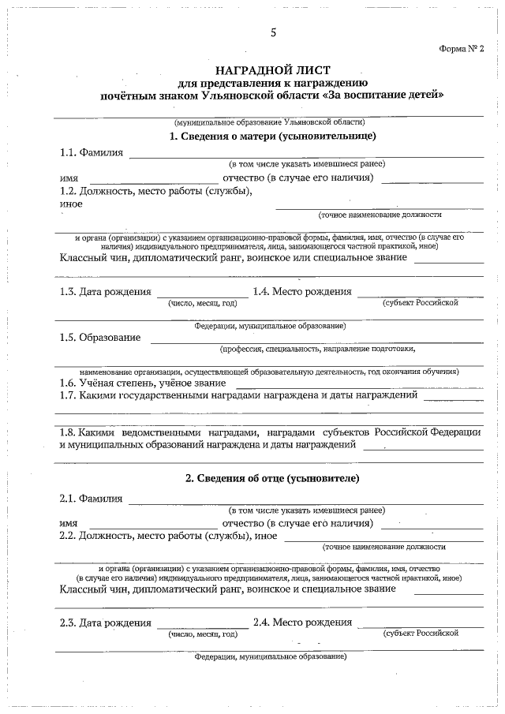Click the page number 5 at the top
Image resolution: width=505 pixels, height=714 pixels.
[x=273, y=32]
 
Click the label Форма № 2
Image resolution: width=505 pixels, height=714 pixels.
[x=461, y=49]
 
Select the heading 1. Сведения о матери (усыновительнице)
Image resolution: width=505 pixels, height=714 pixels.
[x=272, y=136]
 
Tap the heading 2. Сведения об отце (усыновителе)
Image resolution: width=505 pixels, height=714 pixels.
[x=272, y=478]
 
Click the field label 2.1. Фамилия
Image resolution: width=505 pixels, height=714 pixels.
[x=91, y=498]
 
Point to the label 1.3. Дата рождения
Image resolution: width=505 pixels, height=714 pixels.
[x=105, y=292]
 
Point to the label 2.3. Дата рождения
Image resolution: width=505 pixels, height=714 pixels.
[x=105, y=622]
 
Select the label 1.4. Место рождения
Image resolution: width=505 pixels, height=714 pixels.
[x=302, y=292]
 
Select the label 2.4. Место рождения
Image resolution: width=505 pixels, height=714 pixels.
[x=302, y=622]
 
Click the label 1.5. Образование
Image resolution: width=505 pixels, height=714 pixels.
[x=100, y=338]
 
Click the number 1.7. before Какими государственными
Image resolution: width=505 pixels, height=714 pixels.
[x=69, y=395]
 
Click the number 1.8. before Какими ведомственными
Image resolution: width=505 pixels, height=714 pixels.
[x=69, y=432]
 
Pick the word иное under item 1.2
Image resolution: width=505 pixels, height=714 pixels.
[x=71, y=204]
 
